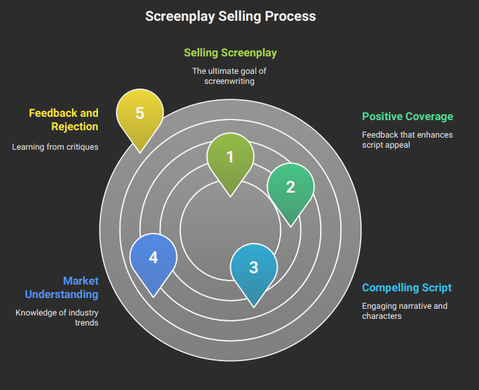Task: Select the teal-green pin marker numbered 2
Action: coord(290,187)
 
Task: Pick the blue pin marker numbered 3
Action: coord(254,268)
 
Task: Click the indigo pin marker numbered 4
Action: coord(153,258)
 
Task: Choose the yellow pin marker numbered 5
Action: coord(140,113)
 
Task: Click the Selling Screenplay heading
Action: coord(230,52)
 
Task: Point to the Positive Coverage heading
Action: coord(407,116)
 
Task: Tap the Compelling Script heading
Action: coord(407,288)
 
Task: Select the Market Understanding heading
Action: coord(62,287)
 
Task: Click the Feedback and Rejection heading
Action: coord(64,119)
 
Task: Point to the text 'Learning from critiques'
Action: coord(55,146)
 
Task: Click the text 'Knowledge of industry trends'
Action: coord(57,318)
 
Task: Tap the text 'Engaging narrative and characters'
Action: coord(405,311)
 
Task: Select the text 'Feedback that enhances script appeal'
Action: coord(407,140)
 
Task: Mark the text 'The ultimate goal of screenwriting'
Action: coord(230,76)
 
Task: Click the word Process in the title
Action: coord(289,16)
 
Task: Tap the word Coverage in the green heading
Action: coord(429,116)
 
